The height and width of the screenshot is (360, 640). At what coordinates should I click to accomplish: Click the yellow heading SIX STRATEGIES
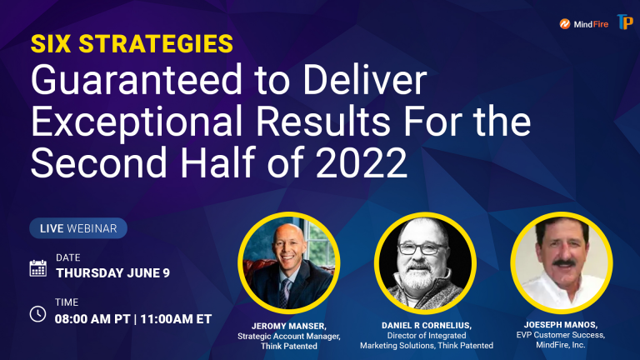[x=132, y=43]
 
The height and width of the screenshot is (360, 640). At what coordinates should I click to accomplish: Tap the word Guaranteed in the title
[x=137, y=80]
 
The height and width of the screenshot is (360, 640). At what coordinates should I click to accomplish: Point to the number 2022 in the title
[x=362, y=162]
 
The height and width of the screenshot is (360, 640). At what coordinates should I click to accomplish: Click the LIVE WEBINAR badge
[x=78, y=228]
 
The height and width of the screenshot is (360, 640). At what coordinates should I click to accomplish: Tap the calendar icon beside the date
[x=38, y=268]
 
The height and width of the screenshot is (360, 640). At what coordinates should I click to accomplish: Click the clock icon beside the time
[x=38, y=314]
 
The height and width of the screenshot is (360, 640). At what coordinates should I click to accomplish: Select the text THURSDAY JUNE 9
[x=112, y=273]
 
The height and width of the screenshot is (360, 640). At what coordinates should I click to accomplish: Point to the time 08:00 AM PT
[x=92, y=319]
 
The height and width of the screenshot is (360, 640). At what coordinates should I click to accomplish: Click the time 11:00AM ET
[x=176, y=319]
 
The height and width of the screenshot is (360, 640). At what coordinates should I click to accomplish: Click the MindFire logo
[x=583, y=24]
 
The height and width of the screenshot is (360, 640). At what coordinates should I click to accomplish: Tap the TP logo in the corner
[x=625, y=22]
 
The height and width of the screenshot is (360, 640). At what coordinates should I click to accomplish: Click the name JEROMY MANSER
[x=288, y=326]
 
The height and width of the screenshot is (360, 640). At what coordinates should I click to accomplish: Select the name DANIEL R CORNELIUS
[x=427, y=325]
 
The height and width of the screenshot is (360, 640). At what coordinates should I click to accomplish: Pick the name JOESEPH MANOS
[x=561, y=324]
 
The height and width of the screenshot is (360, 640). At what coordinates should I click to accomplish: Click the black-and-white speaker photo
[x=425, y=263]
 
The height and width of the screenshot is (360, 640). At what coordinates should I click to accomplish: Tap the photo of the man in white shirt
[x=562, y=262]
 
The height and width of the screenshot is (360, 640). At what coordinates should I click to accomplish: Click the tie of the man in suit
[x=285, y=293]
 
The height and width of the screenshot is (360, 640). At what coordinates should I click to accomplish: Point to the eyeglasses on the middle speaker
[x=422, y=248]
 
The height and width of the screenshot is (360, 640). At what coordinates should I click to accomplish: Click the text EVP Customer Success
[x=560, y=335]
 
